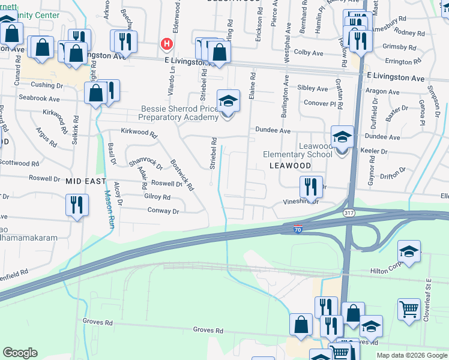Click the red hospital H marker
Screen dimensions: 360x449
pyautogui.click(x=167, y=43)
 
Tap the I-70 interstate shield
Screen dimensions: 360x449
pyautogui.click(x=298, y=229)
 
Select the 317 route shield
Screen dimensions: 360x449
pyautogui.click(x=348, y=213)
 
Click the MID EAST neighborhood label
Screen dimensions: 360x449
pyautogui.click(x=86, y=181)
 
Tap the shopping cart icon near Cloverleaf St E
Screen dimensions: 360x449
pyautogui.click(x=409, y=310)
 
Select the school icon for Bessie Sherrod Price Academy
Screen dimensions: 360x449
pyautogui.click(x=228, y=101)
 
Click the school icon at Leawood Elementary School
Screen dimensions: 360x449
pyautogui.click(x=342, y=137)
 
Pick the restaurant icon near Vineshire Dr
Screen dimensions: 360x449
pyautogui.click(x=311, y=187)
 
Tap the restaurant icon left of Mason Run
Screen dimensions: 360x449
pyautogui.click(x=77, y=205)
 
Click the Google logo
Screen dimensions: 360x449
pyautogui.click(x=20, y=352)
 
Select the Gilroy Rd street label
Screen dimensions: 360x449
pyautogui.click(x=157, y=197)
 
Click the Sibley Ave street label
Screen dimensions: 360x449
pyautogui.click(x=313, y=88)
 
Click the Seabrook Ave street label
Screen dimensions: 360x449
pyautogui.click(x=39, y=98)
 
